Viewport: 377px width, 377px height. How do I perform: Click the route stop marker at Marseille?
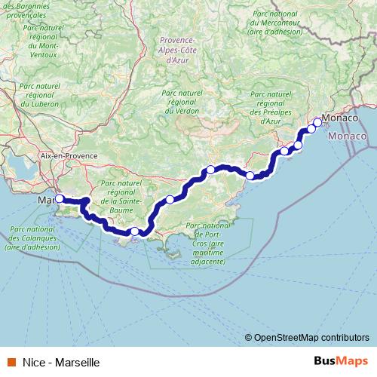pos(60,199)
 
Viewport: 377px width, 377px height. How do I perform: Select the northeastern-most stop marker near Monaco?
pos(317,122)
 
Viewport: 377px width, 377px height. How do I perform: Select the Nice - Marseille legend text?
pos(60,363)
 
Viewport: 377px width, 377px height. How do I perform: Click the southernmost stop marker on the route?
pos(134,232)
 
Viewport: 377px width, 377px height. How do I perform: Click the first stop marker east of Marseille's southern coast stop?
pos(170,199)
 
